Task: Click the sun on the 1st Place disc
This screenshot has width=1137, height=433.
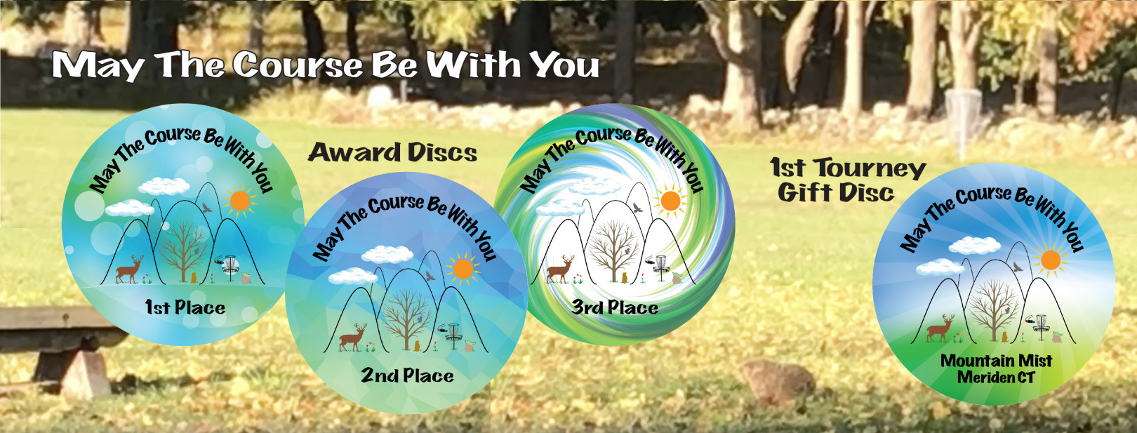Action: (239, 201)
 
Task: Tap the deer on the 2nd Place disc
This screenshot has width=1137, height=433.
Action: (353, 337)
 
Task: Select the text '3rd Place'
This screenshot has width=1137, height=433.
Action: (615, 307)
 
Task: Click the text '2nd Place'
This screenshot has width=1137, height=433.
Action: (407, 375)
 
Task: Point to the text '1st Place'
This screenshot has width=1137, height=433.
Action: (185, 307)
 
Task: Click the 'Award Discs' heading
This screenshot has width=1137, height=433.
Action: (392, 152)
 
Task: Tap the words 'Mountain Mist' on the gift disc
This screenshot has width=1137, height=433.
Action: (996, 361)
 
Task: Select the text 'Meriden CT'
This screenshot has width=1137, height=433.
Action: (995, 377)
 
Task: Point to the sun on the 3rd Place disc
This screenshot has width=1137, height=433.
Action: (670, 199)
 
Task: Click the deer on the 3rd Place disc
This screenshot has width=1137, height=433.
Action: (560, 269)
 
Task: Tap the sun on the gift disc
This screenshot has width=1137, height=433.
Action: (1050, 260)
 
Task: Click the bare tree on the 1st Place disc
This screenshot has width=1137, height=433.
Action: (183, 251)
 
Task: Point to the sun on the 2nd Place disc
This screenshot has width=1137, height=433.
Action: (463, 269)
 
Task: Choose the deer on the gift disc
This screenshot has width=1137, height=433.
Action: (940, 328)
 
